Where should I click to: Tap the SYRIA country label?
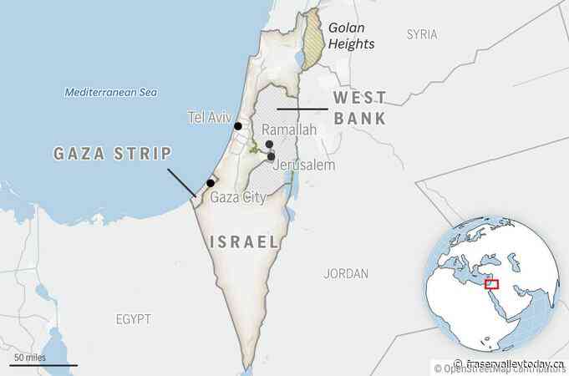[x=422, y=34]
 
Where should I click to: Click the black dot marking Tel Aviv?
[x=238, y=126]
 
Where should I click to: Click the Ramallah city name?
[x=289, y=130]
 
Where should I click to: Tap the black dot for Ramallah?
[x=269, y=145]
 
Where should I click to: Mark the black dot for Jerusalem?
[x=271, y=156]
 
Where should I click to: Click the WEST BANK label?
[x=360, y=109]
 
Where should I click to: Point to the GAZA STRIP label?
[x=112, y=154]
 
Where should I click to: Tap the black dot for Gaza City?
[x=211, y=182]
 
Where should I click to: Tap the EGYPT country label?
[x=134, y=319]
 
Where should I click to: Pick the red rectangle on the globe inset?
[x=491, y=284]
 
